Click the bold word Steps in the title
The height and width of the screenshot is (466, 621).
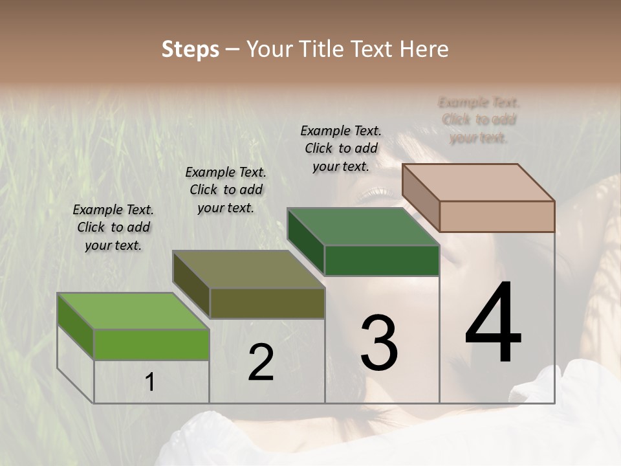click(190, 50)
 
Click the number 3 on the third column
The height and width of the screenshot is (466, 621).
click(379, 342)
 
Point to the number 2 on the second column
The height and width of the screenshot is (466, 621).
click(261, 362)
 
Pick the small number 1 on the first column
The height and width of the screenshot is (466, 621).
click(150, 383)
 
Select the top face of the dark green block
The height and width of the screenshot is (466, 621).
click(362, 227)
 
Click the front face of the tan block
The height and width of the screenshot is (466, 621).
click(497, 216)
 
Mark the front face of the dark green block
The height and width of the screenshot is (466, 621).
click(382, 260)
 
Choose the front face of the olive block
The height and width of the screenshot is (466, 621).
click(267, 303)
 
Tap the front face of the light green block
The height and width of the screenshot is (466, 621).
click(151, 344)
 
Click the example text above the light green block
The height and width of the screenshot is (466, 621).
click(113, 227)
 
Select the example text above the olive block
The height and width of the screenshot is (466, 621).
click(226, 190)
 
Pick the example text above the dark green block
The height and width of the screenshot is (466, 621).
click(341, 148)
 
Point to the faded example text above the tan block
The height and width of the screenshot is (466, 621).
click(479, 120)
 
